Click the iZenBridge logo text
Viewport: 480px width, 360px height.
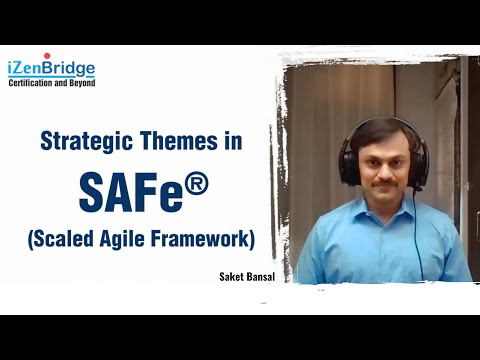pyautogui.click(x=52, y=68)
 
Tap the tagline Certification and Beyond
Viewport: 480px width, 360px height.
pyautogui.click(x=52, y=83)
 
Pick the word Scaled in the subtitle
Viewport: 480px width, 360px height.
pyautogui.click(x=67, y=240)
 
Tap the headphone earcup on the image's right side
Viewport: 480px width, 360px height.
pyautogui.click(x=422, y=166)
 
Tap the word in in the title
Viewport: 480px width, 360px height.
pyautogui.click(x=232, y=141)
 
